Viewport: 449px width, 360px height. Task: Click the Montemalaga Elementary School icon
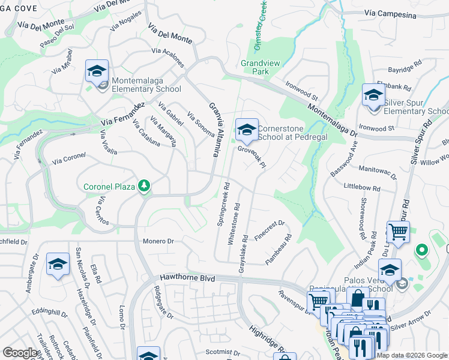click(97, 71)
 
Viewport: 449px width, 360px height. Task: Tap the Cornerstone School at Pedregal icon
click(246, 129)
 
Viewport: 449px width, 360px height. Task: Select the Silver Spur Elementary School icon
click(373, 95)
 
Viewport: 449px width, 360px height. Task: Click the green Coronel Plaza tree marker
click(143, 186)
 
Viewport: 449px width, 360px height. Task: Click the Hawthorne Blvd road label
click(187, 278)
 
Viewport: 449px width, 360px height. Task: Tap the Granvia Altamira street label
click(212, 130)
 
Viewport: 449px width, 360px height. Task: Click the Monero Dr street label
click(158, 241)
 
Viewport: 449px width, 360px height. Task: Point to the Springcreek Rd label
click(223, 204)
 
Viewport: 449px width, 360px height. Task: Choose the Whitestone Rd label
click(237, 223)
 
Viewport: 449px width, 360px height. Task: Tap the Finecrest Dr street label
click(270, 230)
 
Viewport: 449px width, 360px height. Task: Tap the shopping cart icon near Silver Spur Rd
click(398, 231)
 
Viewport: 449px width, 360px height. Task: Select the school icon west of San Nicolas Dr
click(58, 265)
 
